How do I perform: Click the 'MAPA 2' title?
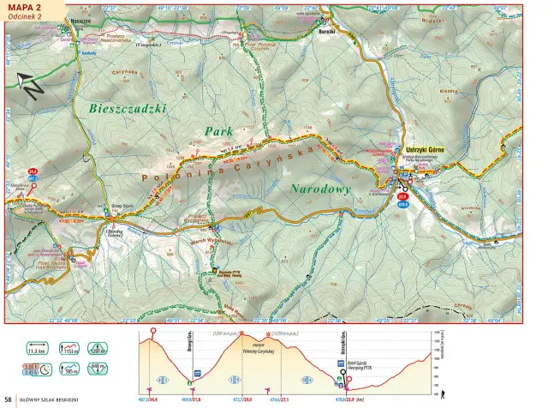click(24, 8)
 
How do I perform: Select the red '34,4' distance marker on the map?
click(33, 171)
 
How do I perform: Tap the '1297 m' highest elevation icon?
click(98, 350)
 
